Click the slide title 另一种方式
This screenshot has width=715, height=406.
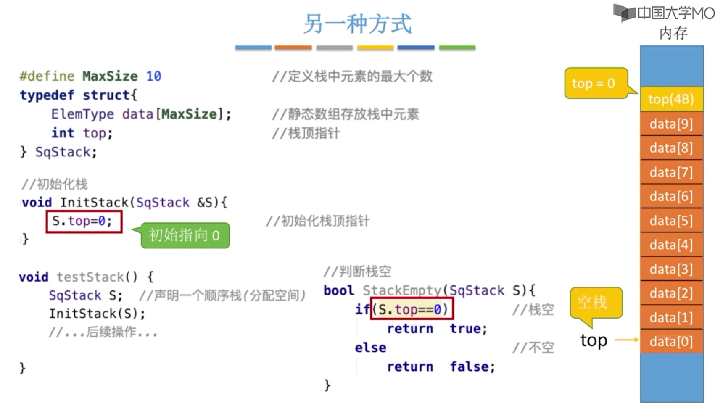tap(357, 24)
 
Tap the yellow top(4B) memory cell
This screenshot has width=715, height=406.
tap(671, 99)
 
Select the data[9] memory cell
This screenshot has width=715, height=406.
tap(671, 124)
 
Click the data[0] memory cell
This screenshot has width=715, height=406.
tap(671, 341)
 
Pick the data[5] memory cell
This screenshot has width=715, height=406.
tap(671, 221)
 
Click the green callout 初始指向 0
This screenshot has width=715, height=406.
tap(185, 235)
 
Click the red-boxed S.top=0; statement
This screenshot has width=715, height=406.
tap(84, 221)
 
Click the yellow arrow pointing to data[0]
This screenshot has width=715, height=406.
tap(627, 340)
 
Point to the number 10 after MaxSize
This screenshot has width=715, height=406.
tap(153, 76)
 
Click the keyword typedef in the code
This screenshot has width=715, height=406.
tap(47, 95)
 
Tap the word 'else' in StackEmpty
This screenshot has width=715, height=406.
tap(370, 348)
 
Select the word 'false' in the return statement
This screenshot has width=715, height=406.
tap(469, 366)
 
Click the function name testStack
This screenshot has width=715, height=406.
tap(90, 277)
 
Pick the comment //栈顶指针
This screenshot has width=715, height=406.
tap(306, 133)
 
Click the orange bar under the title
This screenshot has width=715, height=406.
tap(293, 47)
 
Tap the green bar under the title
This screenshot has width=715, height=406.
tap(457, 47)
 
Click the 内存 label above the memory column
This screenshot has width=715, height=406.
tap(673, 33)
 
